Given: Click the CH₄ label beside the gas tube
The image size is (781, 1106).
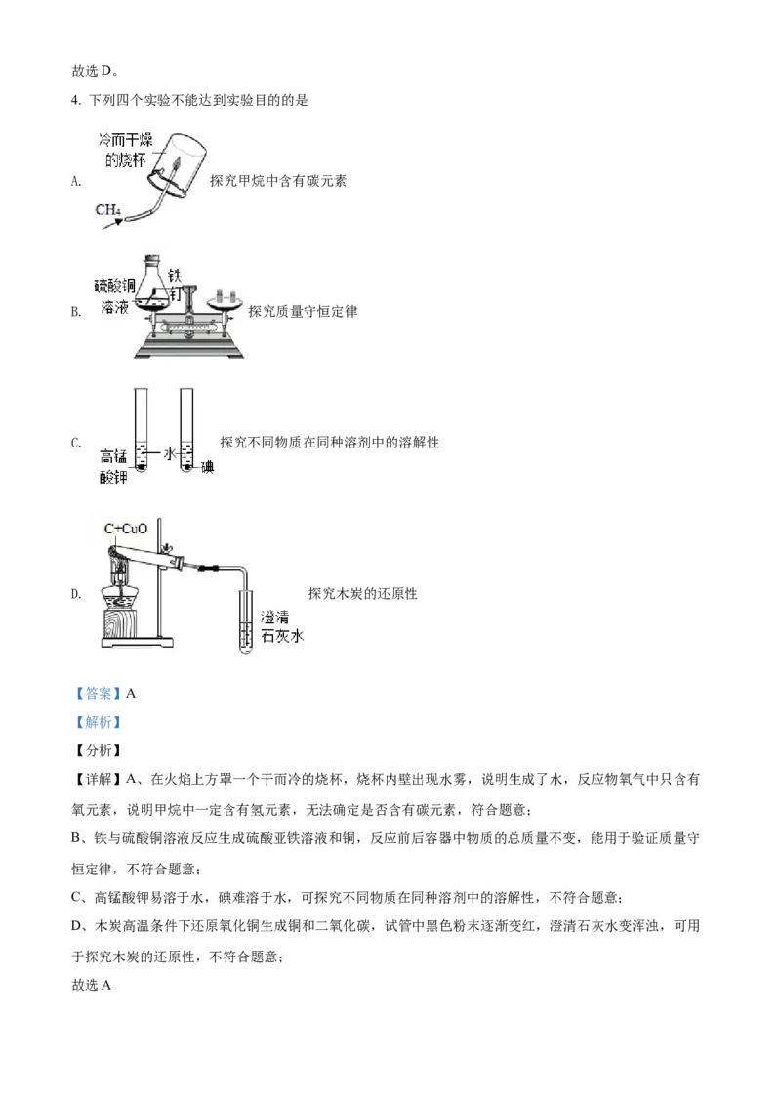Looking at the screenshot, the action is (107, 209).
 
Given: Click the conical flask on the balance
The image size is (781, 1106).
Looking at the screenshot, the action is (154, 284).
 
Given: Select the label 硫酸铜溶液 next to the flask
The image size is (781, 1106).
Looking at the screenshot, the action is (115, 295).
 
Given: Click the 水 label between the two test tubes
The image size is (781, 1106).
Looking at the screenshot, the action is (169, 453).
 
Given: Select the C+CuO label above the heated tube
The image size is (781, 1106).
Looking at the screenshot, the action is (126, 529).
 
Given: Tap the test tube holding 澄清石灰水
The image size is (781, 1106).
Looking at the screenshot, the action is (244, 618).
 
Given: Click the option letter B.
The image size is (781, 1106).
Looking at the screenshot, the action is (76, 311).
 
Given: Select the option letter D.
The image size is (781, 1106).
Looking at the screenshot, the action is (76, 594).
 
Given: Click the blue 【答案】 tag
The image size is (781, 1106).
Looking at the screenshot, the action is (98, 694).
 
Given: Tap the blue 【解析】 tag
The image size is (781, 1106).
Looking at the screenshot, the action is (98, 722).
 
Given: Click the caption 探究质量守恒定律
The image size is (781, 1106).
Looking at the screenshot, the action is (303, 311).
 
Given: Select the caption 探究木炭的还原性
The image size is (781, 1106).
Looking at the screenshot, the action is (362, 594).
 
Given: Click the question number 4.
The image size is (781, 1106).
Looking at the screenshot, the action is (75, 101).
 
